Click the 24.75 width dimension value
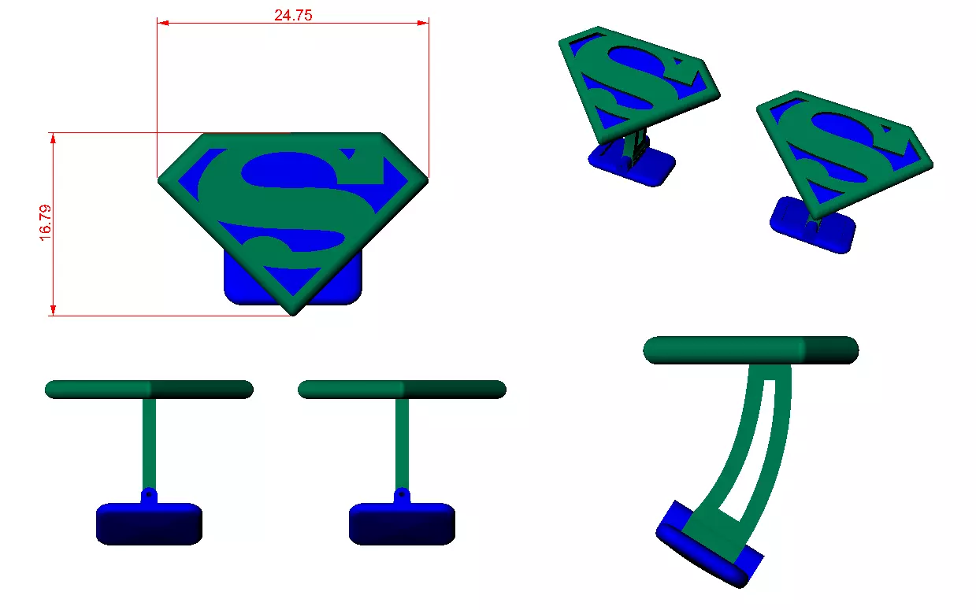[293, 14]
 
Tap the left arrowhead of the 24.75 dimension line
[163, 23]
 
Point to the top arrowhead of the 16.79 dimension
[53, 139]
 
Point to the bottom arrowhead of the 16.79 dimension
[53, 309]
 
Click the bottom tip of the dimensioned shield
[293, 312]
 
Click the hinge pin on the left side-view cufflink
[147, 496]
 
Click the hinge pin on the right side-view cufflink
[401, 496]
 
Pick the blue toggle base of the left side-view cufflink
[149, 524]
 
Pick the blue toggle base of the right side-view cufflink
[402, 524]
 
